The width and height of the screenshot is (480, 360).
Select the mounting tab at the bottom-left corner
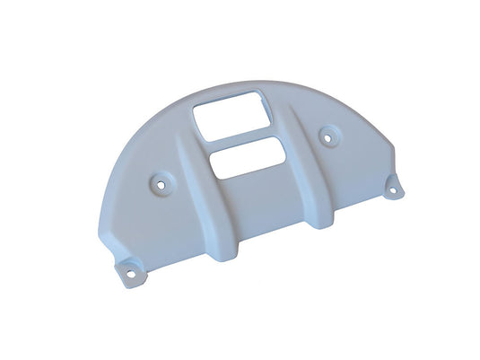point(129,267)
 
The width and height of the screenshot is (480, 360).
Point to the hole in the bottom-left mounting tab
point(128,268)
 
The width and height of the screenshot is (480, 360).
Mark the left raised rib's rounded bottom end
point(231,246)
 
